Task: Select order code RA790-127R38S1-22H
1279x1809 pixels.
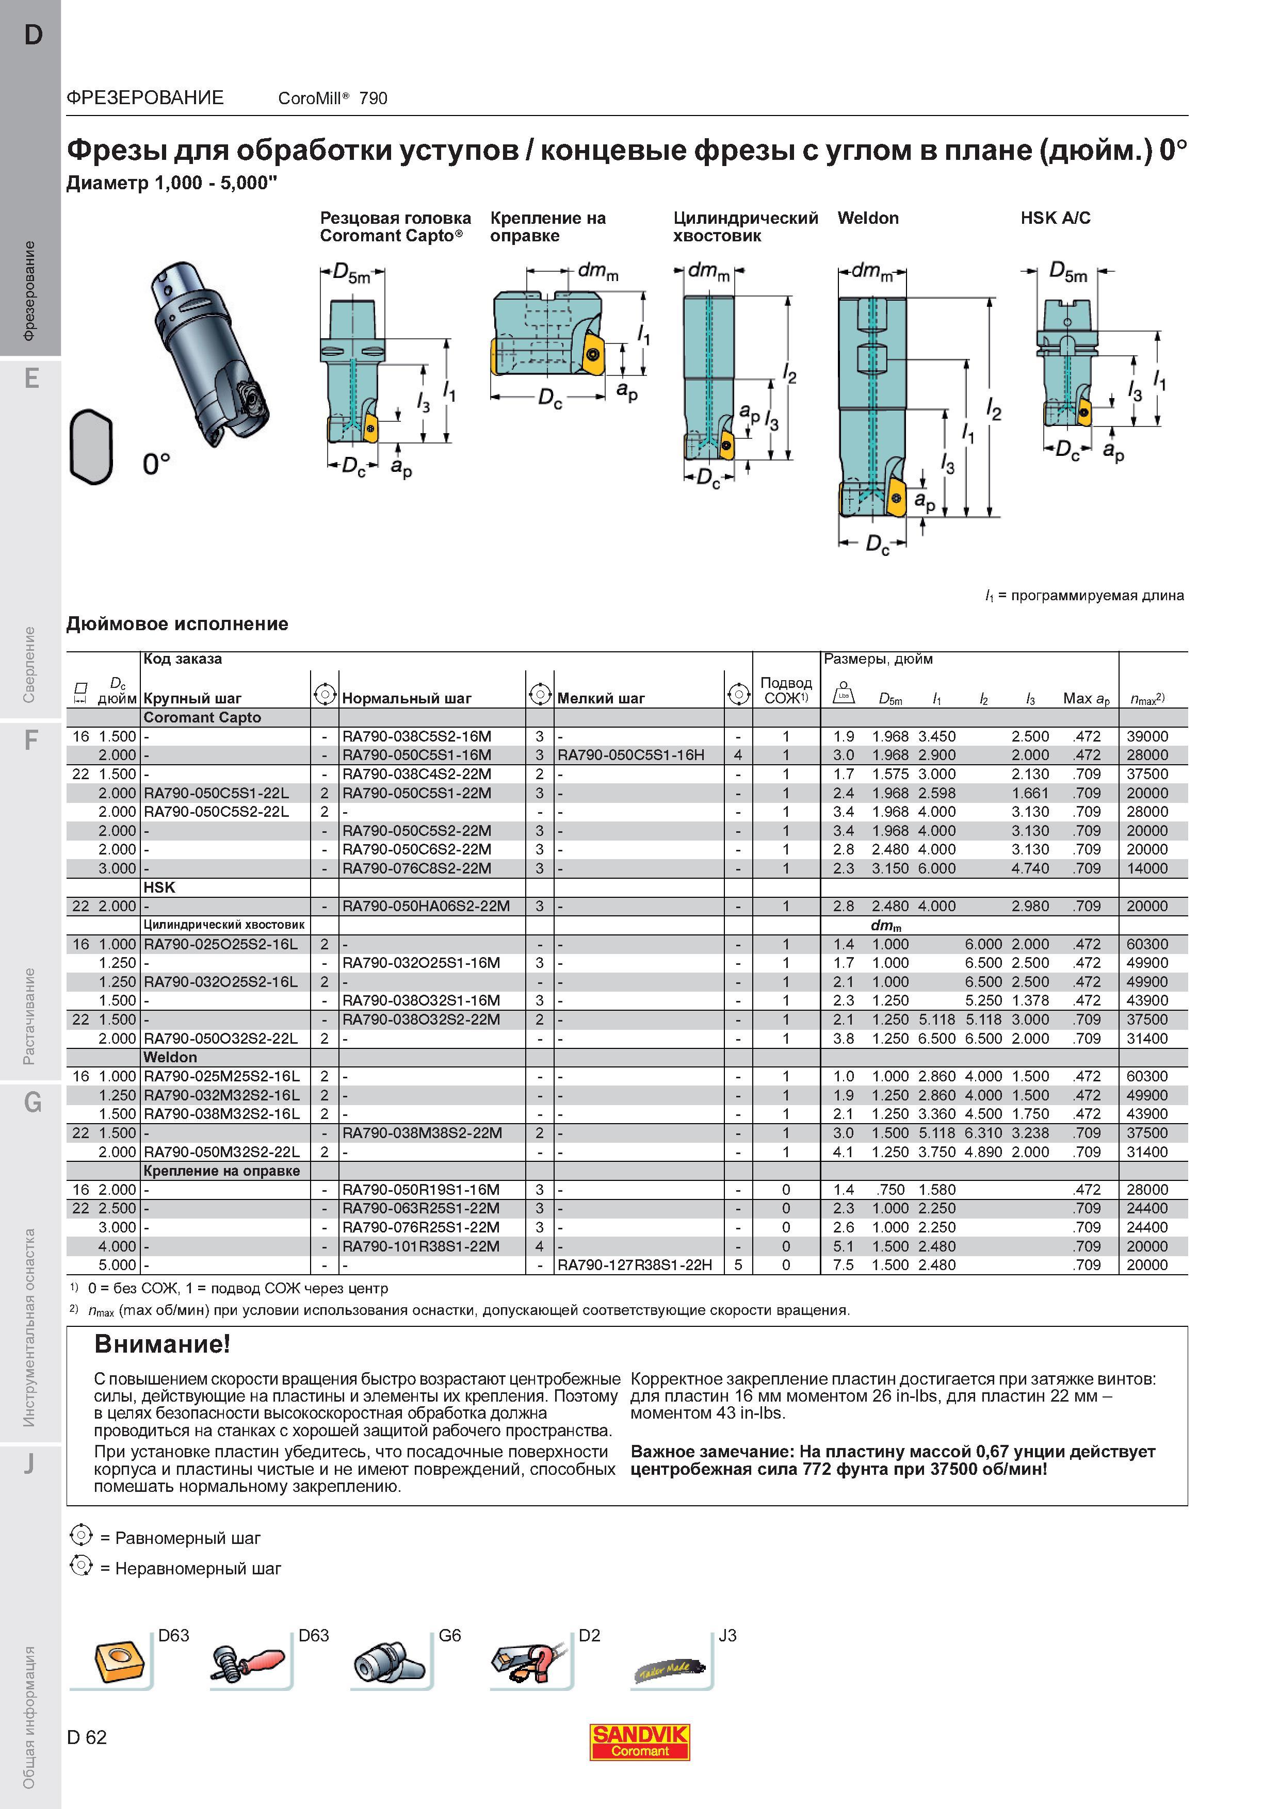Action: click(x=635, y=1264)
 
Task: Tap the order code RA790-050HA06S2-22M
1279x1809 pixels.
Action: click(x=426, y=906)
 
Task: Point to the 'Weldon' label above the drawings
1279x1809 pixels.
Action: click(x=868, y=218)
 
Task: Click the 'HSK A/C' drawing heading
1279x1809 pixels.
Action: click(x=1055, y=218)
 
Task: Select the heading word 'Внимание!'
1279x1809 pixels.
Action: click(x=163, y=1343)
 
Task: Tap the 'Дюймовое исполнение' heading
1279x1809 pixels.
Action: click(x=177, y=624)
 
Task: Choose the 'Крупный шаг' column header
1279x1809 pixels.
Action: click(x=192, y=698)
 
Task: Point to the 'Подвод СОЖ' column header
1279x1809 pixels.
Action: click(x=786, y=690)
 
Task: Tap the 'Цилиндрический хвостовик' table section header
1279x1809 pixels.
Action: click(x=224, y=925)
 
